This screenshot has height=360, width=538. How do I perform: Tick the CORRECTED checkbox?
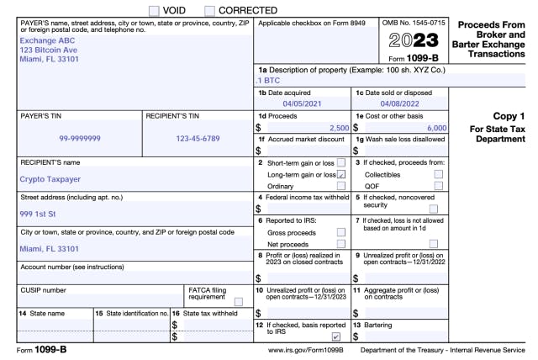point(210,10)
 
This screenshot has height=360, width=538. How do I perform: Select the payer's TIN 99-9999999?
point(80,137)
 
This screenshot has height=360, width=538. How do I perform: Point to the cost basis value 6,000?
point(435,127)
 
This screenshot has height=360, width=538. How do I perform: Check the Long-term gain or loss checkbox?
point(340,174)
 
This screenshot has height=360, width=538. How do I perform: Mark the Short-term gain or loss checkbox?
point(340,162)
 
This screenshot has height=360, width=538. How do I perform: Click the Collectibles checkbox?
point(438,174)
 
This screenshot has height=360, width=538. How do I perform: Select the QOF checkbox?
point(438,186)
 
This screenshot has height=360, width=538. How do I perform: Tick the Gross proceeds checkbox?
point(340,231)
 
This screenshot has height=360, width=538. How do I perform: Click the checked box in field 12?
point(336,336)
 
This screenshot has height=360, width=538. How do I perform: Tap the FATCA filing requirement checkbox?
point(239,302)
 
